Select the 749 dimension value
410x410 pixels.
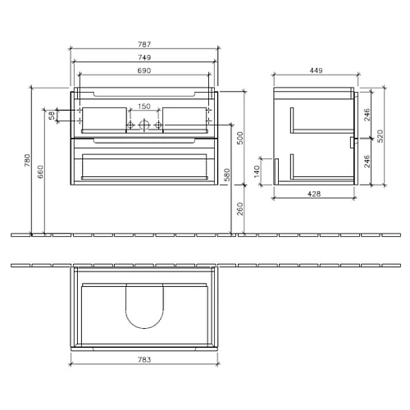coord(144,59)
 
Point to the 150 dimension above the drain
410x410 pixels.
coord(143,107)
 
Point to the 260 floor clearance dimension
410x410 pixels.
coord(239,209)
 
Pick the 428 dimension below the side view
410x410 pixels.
coord(313,194)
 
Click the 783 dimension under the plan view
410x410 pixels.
coord(144,358)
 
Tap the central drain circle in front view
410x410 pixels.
coord(144,125)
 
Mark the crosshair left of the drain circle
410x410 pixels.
coord(129,125)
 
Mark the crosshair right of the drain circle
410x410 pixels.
coord(159,125)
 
